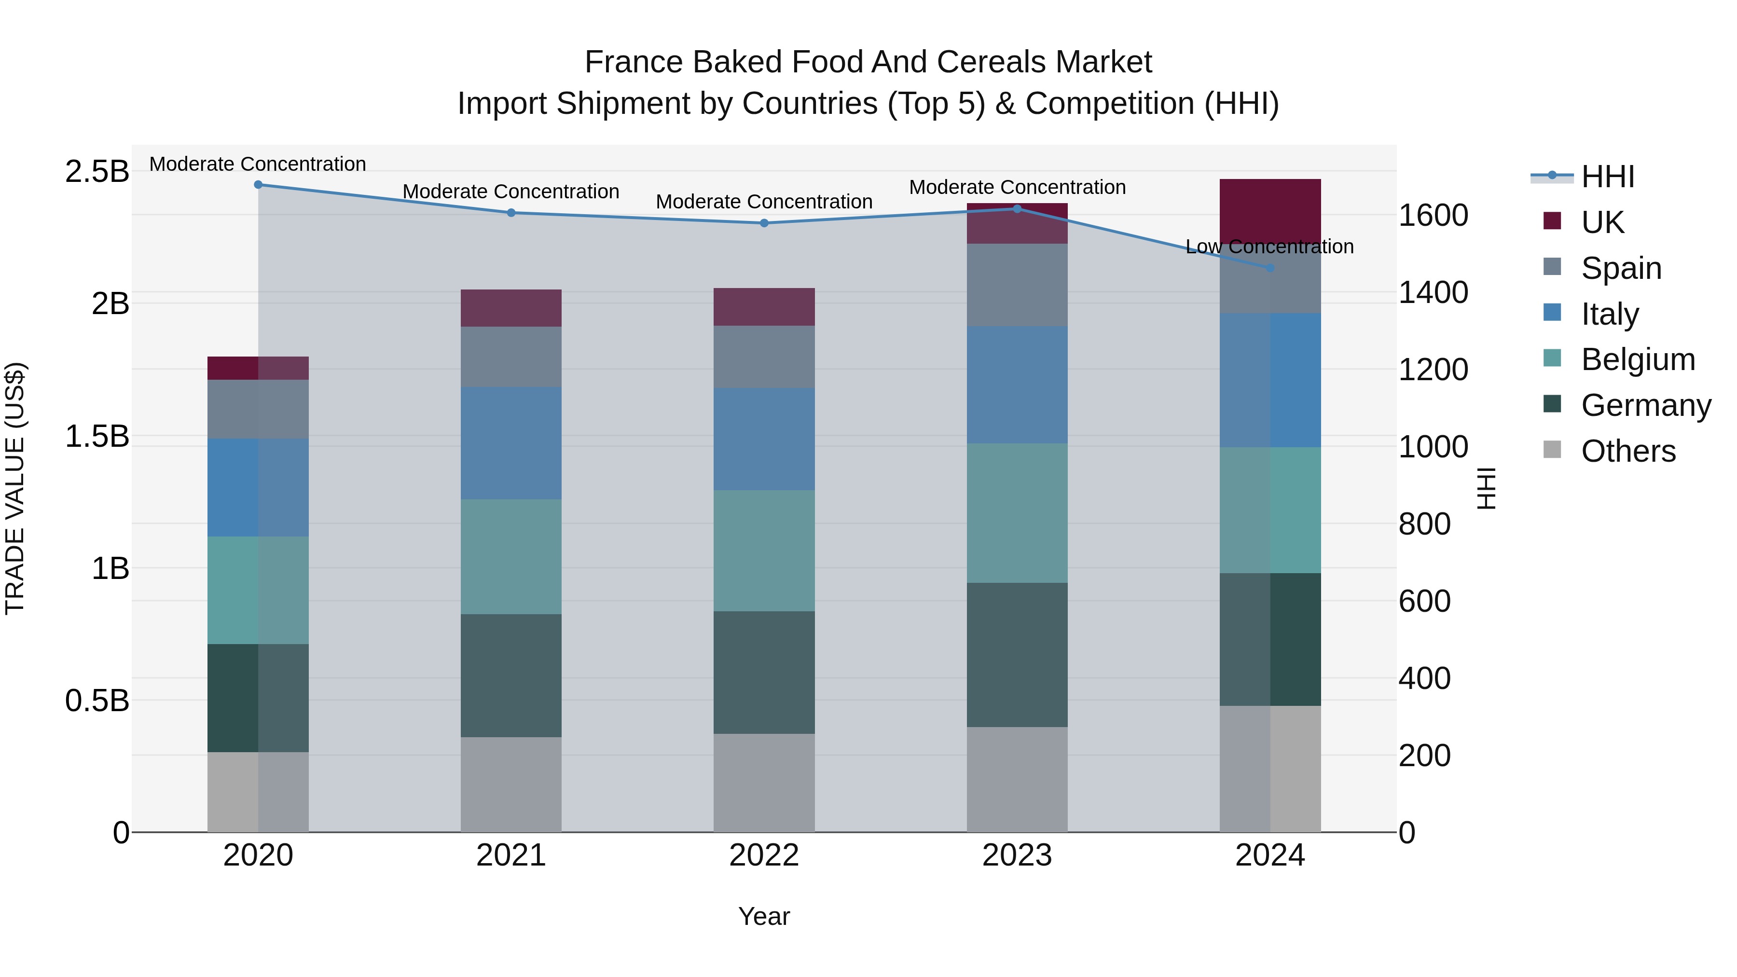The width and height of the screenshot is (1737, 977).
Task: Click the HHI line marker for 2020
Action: (x=258, y=185)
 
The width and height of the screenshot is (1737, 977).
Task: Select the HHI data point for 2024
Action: (x=1270, y=268)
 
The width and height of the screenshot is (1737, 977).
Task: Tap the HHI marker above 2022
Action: (x=764, y=223)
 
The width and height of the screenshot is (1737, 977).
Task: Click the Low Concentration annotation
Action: (x=1270, y=247)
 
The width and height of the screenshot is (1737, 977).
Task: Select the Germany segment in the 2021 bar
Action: (x=511, y=675)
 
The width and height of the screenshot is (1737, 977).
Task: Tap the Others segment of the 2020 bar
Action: (x=258, y=792)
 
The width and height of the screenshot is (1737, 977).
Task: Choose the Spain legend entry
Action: (x=1621, y=268)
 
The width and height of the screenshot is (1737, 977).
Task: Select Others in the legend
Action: (x=1628, y=451)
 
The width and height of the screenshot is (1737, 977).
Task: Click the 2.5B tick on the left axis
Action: (x=97, y=171)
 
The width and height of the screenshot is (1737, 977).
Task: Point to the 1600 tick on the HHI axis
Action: (x=1434, y=216)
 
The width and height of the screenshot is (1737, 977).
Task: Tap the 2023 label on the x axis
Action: (x=1017, y=855)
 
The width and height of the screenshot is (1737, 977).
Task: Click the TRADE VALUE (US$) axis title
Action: (x=15, y=488)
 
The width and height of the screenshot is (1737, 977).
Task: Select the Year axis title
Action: (x=764, y=916)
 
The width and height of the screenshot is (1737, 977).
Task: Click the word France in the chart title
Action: (x=634, y=62)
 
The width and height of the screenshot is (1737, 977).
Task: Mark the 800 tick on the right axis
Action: (x=1425, y=524)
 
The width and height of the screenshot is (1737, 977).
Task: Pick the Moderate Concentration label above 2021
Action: (x=511, y=192)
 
